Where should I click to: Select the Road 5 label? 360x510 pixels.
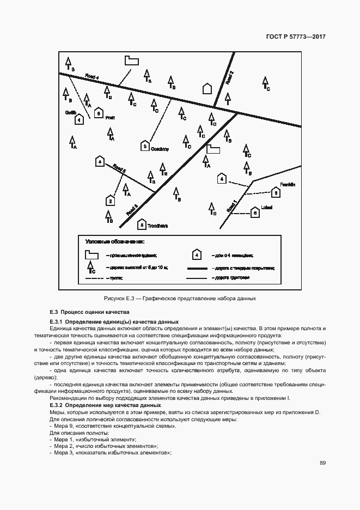coord(119,172)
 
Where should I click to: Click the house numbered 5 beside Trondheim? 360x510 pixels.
coord(142,224)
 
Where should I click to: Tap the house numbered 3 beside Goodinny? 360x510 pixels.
coord(144,145)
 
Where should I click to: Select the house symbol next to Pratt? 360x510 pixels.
coord(99,113)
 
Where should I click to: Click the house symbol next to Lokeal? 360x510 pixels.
coord(254,213)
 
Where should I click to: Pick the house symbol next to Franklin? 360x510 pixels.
coord(276,192)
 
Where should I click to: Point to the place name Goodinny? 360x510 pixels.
coord(161,148)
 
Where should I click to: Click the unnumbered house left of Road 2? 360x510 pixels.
coord(206,89)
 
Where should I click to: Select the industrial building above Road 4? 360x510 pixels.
coord(131,60)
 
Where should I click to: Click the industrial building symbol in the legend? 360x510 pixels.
coord(90,254)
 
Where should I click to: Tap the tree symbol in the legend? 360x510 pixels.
coord(90,266)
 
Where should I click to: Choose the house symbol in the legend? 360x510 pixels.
coord(197,254)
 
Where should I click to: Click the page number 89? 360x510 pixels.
coord(322,464)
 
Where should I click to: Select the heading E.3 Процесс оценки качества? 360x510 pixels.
coord(89,313)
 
